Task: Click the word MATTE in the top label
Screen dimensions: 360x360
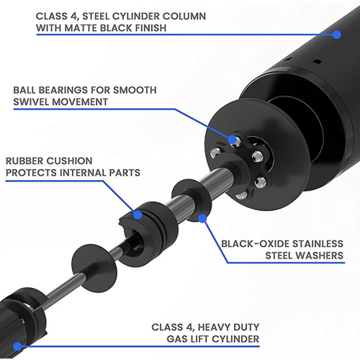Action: pos(82,29)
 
